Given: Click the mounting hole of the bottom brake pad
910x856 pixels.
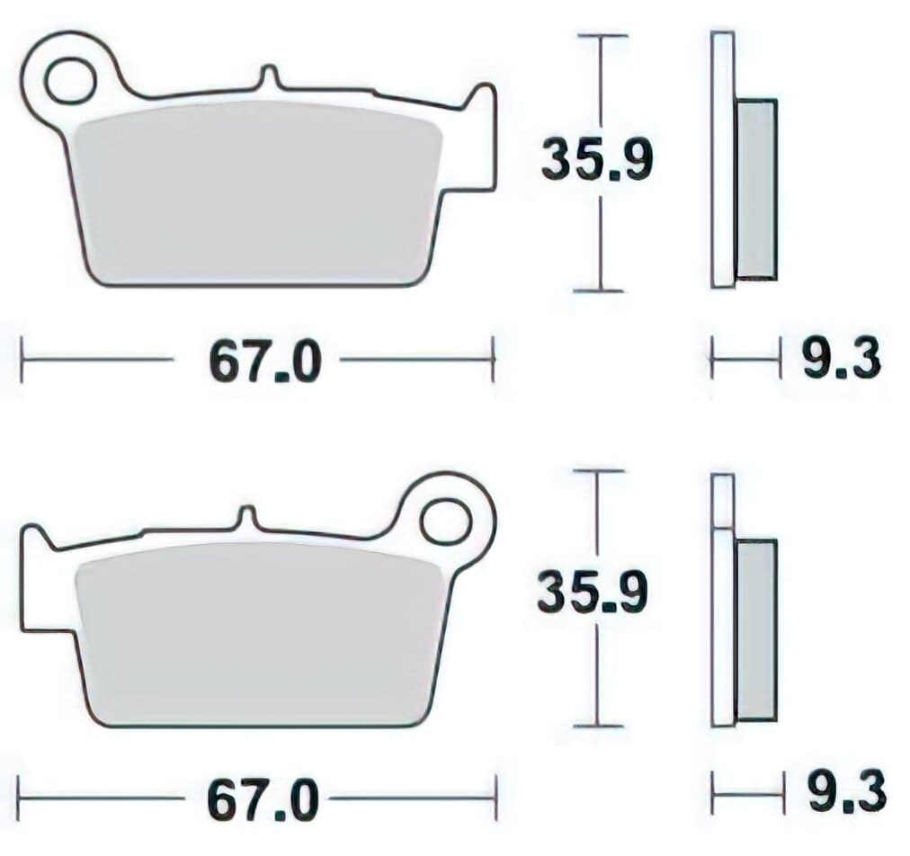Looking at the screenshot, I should [x=445, y=521].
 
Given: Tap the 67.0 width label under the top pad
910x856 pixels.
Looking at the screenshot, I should [x=264, y=361].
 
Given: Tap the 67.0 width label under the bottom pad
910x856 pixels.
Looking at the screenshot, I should [x=263, y=799].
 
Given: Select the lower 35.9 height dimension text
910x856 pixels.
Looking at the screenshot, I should [x=592, y=595].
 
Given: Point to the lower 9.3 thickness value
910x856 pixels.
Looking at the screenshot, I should [x=844, y=794].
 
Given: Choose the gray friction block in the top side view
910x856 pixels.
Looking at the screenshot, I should [x=755, y=189].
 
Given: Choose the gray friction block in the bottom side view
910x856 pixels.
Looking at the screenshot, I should [x=755, y=629].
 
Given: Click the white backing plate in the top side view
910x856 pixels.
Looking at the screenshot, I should [x=722, y=162].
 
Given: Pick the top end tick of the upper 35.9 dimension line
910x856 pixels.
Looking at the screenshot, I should [x=600, y=36].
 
